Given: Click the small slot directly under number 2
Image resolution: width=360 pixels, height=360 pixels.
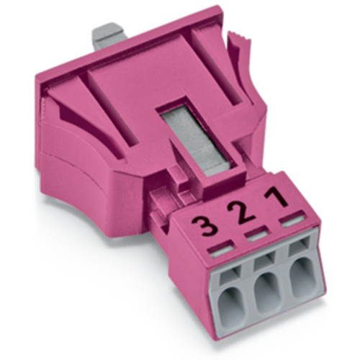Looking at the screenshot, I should click(x=255, y=235).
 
